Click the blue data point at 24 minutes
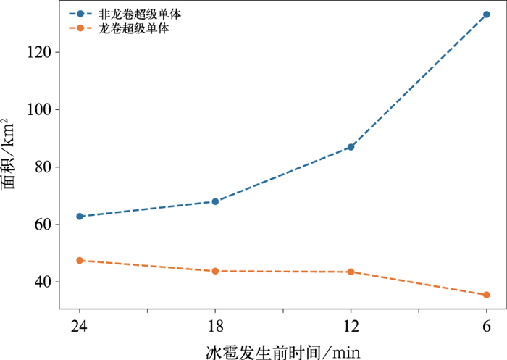pyautogui.click(x=80, y=217)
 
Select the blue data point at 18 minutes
pyautogui.click(x=215, y=201)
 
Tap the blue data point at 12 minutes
pyautogui.click(x=351, y=147)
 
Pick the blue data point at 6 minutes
pyautogui.click(x=487, y=14)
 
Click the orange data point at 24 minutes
pyautogui.click(x=80, y=260)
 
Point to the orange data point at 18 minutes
pyautogui.click(x=215, y=271)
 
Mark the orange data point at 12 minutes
pyautogui.click(x=351, y=272)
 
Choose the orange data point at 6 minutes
pyautogui.click(x=487, y=295)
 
